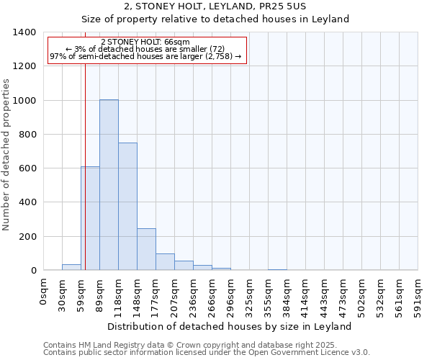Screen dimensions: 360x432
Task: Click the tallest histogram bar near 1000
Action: (x=109, y=185)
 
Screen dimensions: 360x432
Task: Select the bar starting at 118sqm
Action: (x=127, y=207)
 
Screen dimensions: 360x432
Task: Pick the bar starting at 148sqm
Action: (x=146, y=249)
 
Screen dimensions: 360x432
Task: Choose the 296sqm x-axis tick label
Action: (x=231, y=294)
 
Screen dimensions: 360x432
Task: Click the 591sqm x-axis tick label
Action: (x=418, y=294)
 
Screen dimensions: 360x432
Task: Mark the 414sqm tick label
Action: (x=306, y=294)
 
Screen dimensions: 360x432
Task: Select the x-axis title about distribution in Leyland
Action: (x=230, y=326)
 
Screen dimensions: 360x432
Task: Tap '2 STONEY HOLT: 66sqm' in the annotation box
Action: (x=145, y=42)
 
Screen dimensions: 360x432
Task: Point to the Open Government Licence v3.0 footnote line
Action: (x=206, y=353)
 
